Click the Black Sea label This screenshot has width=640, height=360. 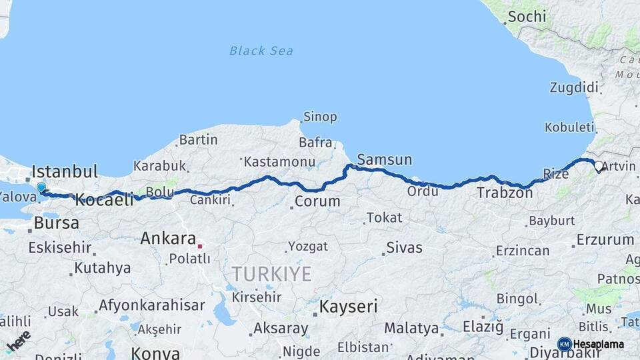pyautogui.click(x=261, y=51)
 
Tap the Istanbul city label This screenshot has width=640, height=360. pyautogui.click(x=65, y=171)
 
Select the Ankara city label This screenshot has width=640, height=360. pyautogui.click(x=168, y=239)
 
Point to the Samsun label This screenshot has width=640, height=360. pyautogui.click(x=385, y=160)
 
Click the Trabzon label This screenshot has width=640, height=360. pyautogui.click(x=505, y=193)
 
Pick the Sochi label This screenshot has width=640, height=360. pyautogui.click(x=527, y=17)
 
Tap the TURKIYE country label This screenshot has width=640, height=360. pyautogui.click(x=271, y=273)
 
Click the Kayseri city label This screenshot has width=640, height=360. pyautogui.click(x=349, y=307)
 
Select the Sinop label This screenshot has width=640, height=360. pyautogui.click(x=320, y=117)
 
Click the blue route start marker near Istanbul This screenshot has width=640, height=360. pyautogui.click(x=41, y=189)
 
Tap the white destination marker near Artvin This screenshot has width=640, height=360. pyautogui.click(x=598, y=167)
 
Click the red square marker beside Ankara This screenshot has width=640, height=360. pyautogui.click(x=199, y=246)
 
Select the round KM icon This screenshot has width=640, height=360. pyautogui.click(x=564, y=344)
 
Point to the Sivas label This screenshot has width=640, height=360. pyautogui.click(x=404, y=248)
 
